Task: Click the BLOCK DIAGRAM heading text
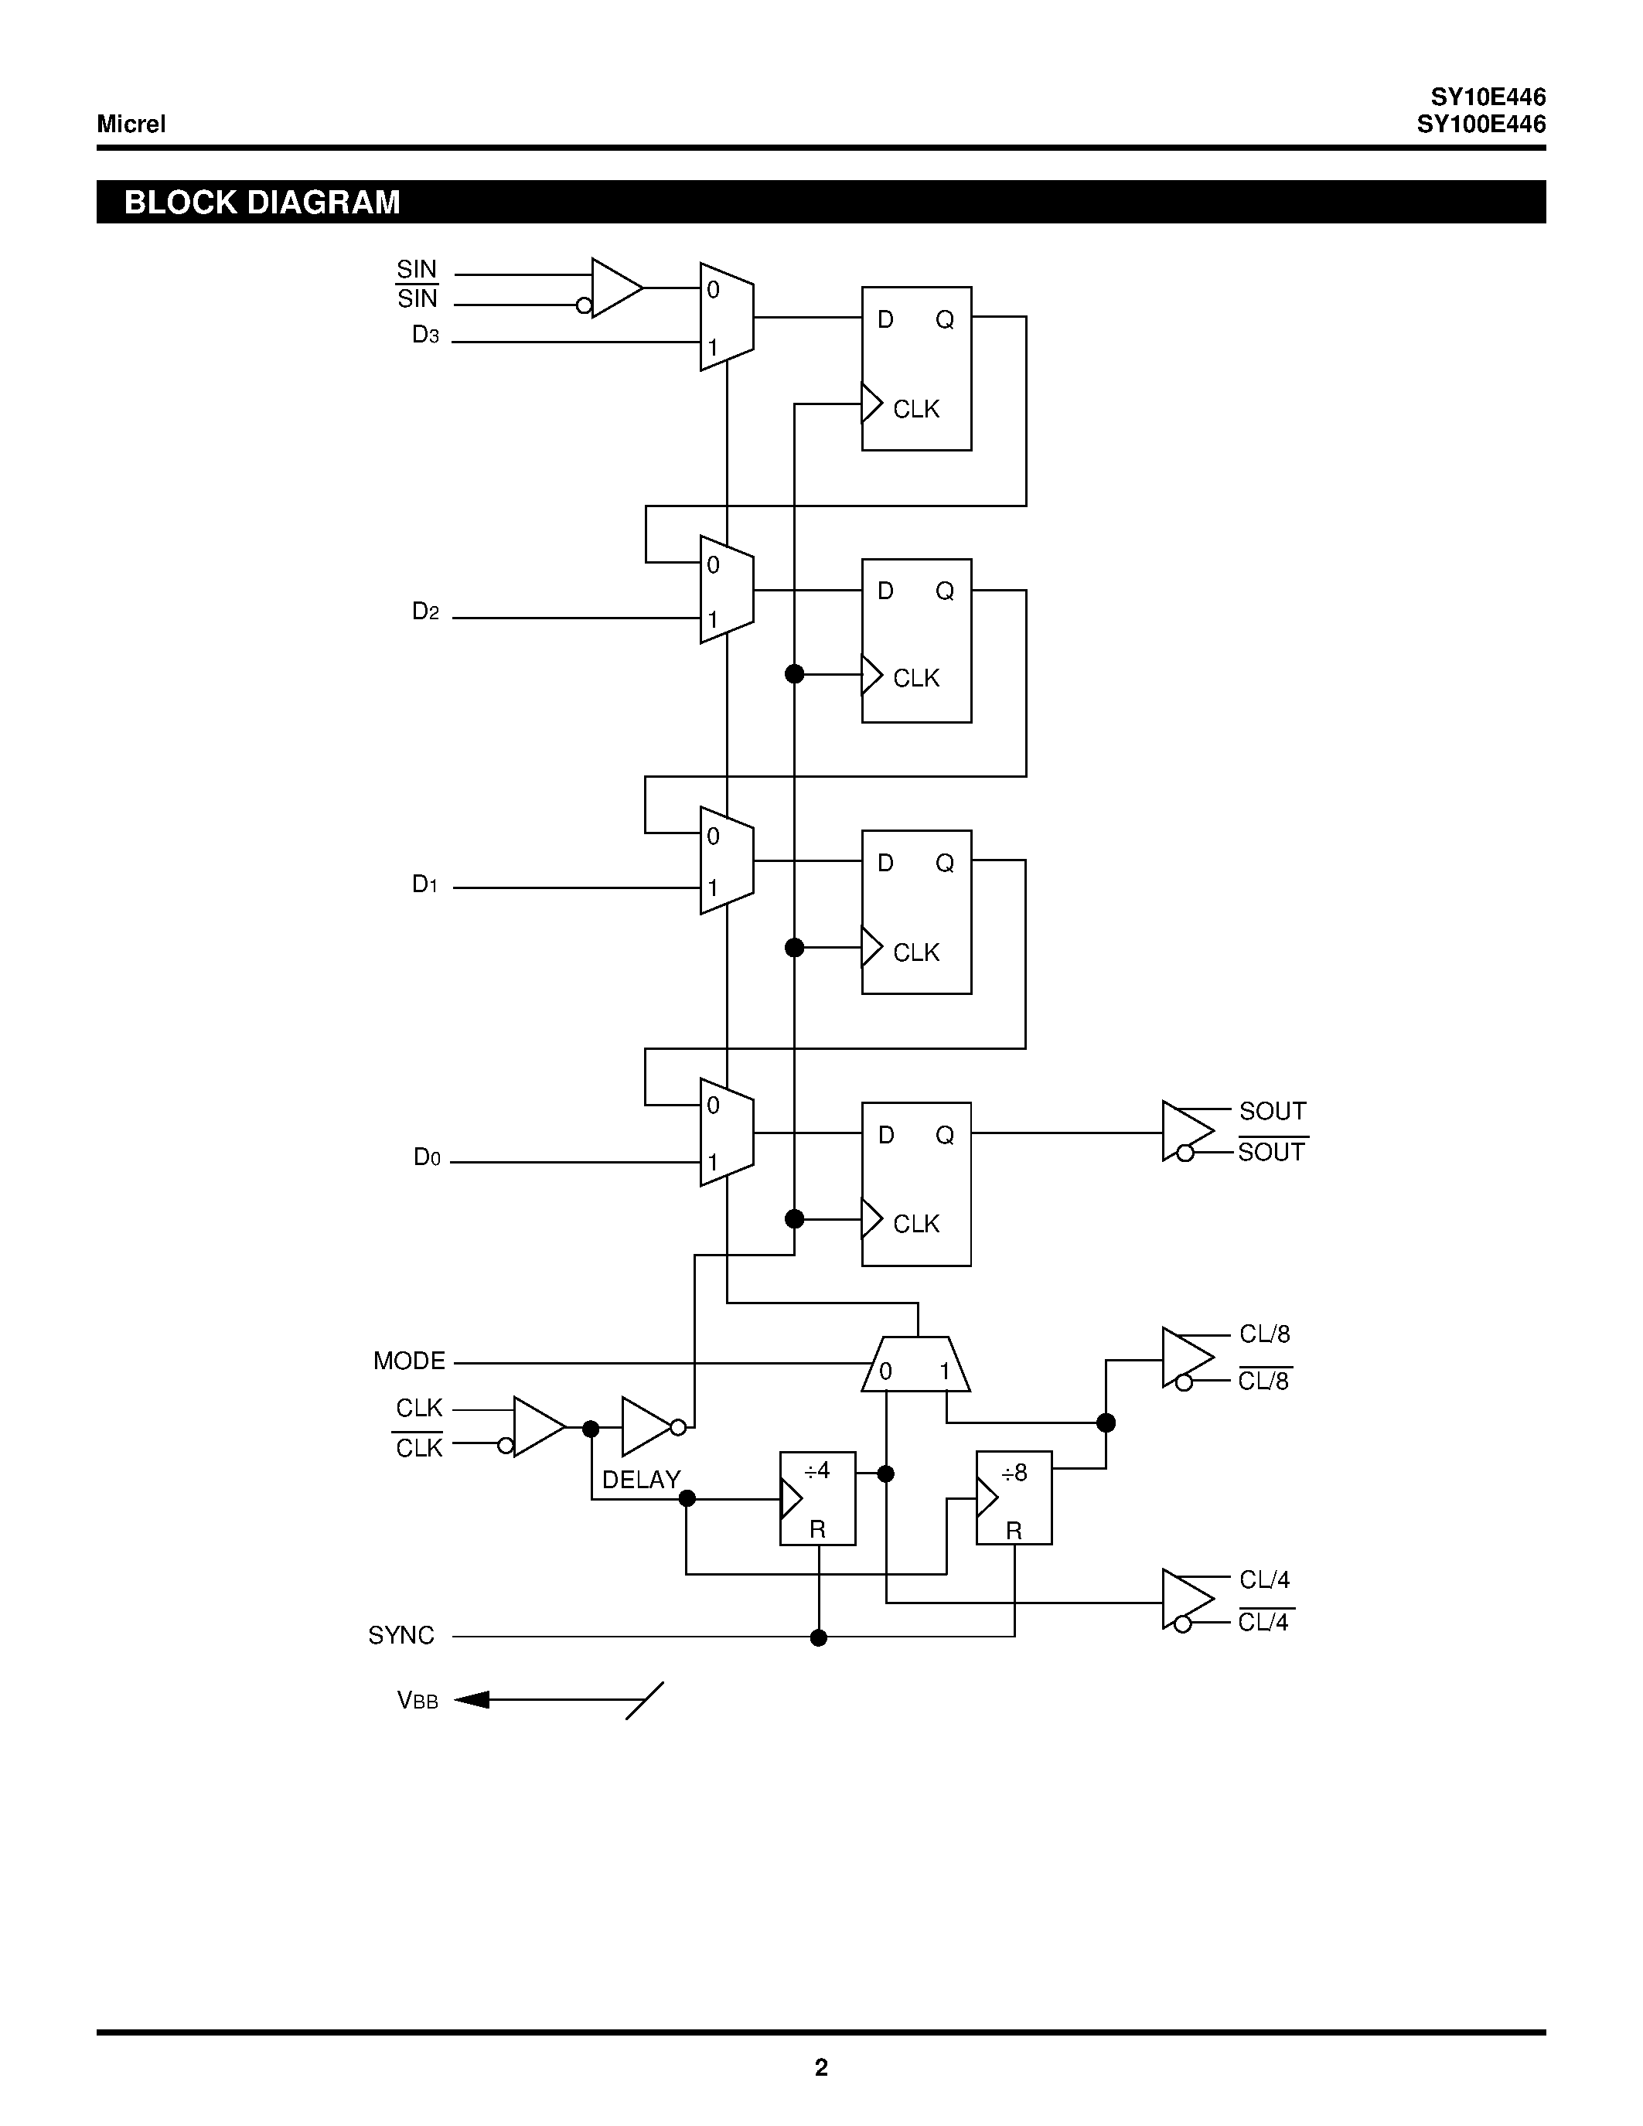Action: coord(262,203)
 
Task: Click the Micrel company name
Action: coord(131,124)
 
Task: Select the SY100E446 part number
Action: coord(1481,124)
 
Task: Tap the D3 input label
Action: coord(425,335)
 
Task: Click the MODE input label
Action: coord(409,1361)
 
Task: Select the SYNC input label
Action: coord(401,1635)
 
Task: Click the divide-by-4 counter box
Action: coord(817,1498)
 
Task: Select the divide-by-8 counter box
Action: coord(1014,1498)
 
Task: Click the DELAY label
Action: coord(640,1480)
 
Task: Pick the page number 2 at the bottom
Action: coord(820,2067)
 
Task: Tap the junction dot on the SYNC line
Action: coord(819,1637)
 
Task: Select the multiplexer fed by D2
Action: coord(726,590)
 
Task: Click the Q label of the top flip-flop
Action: coord(944,320)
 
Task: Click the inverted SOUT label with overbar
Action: coord(1271,1153)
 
